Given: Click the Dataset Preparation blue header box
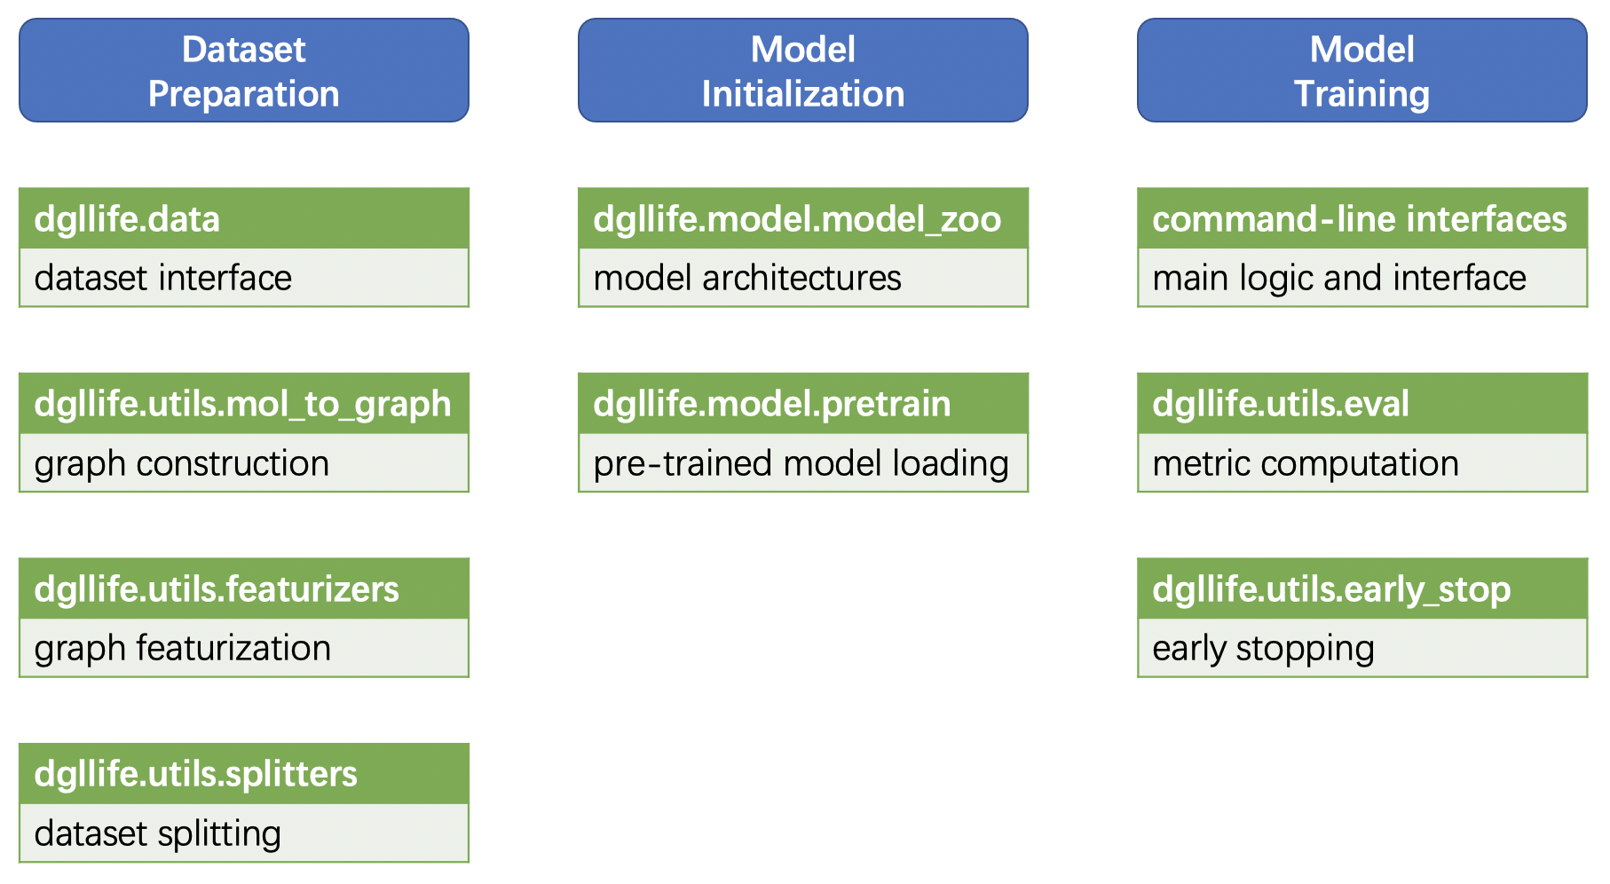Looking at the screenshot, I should (243, 71).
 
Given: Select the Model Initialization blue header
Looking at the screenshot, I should (802, 71).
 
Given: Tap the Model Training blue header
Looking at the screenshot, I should (1361, 71).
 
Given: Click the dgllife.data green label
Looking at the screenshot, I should (127, 219).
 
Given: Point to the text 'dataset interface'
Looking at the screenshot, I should (163, 279).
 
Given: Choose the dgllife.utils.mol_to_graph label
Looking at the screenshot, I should (242, 405).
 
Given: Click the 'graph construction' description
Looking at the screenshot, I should (182, 464).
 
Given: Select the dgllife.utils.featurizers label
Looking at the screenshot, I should (217, 589).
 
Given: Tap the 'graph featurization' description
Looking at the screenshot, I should (183, 649).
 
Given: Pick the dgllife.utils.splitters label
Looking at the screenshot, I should (195, 774).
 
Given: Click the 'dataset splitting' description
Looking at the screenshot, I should (158, 834).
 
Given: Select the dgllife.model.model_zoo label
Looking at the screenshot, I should (797, 219).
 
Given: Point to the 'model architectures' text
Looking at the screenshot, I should (747, 279).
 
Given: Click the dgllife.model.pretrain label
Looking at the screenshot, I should (771, 405).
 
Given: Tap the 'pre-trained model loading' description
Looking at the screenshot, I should (801, 464).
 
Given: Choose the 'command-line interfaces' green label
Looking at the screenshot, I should (1359, 219).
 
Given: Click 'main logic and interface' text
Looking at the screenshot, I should (1339, 279).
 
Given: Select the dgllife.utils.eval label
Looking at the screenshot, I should (1280, 405).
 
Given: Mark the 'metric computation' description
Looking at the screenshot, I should (1306, 464).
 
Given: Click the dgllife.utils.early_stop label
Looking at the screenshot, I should (1331, 589).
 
